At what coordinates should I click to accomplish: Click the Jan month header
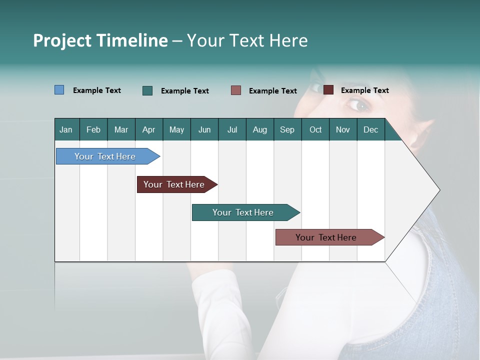tap(66, 130)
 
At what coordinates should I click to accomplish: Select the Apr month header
tap(149, 130)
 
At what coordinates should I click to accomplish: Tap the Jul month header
tap(232, 130)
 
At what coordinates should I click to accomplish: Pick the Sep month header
tap(287, 130)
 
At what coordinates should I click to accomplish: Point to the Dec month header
tap(370, 130)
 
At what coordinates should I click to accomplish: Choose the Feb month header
tap(93, 130)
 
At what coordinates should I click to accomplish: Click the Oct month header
tap(315, 130)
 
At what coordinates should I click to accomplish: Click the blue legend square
tap(59, 90)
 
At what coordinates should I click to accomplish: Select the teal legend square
tap(147, 90)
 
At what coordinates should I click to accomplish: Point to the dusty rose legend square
tap(236, 90)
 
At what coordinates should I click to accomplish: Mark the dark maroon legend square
tap(328, 90)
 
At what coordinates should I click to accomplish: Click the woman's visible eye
tap(357, 105)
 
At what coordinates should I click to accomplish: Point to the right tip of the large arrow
tap(439, 190)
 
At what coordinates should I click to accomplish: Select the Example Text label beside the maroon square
tap(364, 90)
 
